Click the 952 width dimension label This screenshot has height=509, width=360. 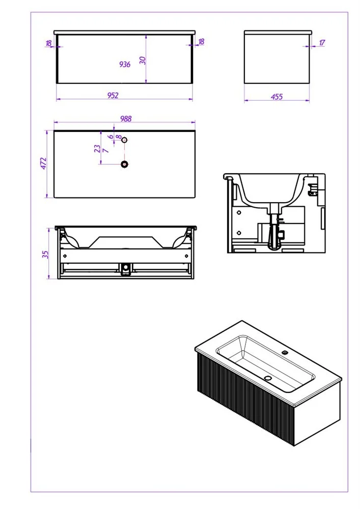[113, 96]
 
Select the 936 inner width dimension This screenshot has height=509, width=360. [125, 64]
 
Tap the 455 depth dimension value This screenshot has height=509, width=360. [276, 97]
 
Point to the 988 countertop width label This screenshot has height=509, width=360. [126, 119]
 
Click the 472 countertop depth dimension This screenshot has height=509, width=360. [43, 163]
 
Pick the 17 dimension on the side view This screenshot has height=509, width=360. [322, 43]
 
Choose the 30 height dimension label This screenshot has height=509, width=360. [143, 60]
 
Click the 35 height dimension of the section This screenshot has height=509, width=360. [45, 254]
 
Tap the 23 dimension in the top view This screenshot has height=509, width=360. [97, 149]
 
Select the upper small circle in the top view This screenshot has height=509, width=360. [124, 140]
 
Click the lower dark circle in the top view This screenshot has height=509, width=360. [125, 164]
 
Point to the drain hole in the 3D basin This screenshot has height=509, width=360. [267, 378]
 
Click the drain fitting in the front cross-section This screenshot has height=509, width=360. [126, 269]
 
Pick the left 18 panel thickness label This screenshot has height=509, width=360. [49, 43]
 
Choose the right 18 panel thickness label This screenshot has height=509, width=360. [201, 42]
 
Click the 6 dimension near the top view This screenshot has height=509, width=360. [111, 136]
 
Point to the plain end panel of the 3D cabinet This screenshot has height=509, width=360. [317, 413]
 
